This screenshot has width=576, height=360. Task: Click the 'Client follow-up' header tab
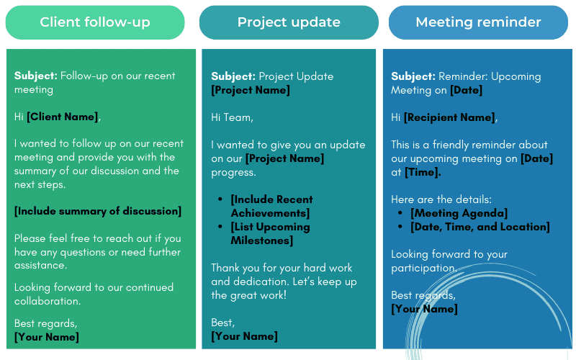(x=95, y=22)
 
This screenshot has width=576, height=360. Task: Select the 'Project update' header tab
(x=289, y=22)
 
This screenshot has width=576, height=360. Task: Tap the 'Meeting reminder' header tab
(x=478, y=22)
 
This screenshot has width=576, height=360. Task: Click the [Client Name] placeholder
(x=62, y=117)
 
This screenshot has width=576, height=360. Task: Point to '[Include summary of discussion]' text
(x=98, y=211)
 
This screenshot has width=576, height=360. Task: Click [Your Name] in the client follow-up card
(x=47, y=337)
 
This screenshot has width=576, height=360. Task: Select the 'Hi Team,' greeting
(x=232, y=117)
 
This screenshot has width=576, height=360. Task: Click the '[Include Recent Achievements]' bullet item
(x=271, y=206)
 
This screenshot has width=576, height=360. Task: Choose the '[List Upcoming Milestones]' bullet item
(x=269, y=233)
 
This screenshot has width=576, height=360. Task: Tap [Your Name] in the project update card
(x=244, y=336)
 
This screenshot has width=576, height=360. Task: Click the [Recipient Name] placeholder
(x=449, y=117)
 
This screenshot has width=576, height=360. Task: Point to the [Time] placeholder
(x=423, y=172)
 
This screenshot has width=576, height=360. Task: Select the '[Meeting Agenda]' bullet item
(x=459, y=213)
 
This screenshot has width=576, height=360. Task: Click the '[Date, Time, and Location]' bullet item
(x=480, y=227)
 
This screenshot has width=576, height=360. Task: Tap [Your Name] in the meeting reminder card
(x=424, y=309)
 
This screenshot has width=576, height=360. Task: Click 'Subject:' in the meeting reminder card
(x=413, y=76)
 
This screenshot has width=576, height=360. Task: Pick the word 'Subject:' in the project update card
(x=233, y=76)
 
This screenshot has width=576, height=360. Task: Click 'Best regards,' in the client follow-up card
(x=45, y=323)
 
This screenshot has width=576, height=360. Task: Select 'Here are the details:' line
(x=441, y=199)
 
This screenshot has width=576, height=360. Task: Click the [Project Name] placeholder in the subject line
(x=250, y=90)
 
